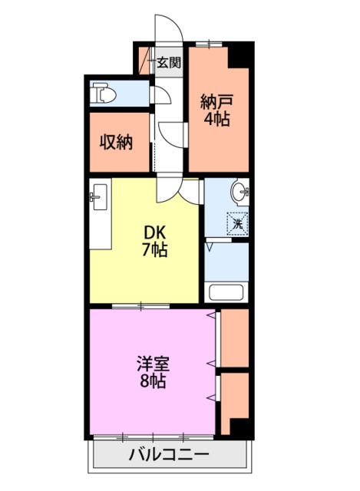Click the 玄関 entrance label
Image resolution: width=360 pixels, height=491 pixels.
[x=169, y=63]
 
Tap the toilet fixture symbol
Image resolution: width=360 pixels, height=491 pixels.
[x=103, y=93]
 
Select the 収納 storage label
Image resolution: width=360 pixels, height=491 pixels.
[x=116, y=143]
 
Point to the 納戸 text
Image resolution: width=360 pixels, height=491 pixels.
[x=216, y=102]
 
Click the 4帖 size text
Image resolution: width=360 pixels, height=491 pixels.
[x=216, y=119]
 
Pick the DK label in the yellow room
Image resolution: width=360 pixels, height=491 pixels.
[x=154, y=232]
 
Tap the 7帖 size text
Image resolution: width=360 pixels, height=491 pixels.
[x=155, y=249]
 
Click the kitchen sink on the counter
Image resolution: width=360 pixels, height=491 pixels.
[x=99, y=197]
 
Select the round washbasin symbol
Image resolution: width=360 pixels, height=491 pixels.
[x=240, y=191]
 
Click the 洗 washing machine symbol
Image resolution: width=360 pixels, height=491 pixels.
[x=237, y=223]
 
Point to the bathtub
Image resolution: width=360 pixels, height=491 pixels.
[x=226, y=292]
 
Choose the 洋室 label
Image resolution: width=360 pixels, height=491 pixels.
[x=154, y=364]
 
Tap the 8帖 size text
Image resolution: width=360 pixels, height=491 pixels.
[x=153, y=381]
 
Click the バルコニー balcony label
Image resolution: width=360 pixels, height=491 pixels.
[x=169, y=453]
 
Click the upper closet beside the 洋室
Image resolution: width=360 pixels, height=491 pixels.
[x=234, y=338]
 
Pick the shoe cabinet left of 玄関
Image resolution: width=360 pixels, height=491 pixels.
[x=144, y=61]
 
